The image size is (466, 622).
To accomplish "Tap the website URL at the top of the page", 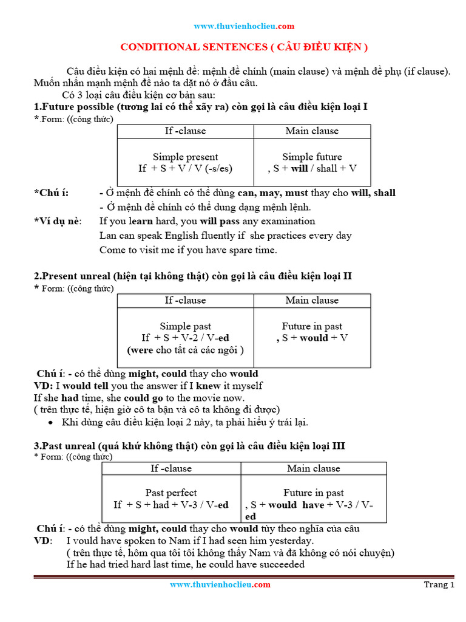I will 244,26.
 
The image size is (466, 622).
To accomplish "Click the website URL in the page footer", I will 220,584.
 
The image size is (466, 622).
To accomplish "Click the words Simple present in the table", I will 185,157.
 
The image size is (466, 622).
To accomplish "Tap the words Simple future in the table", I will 312,157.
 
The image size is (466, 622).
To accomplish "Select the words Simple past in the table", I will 185,326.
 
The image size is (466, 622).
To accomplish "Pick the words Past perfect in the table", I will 171,493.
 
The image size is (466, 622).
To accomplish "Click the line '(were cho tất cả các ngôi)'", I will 185,350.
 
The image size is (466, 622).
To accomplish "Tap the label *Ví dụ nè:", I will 57,221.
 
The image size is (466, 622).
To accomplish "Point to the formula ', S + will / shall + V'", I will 312,168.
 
